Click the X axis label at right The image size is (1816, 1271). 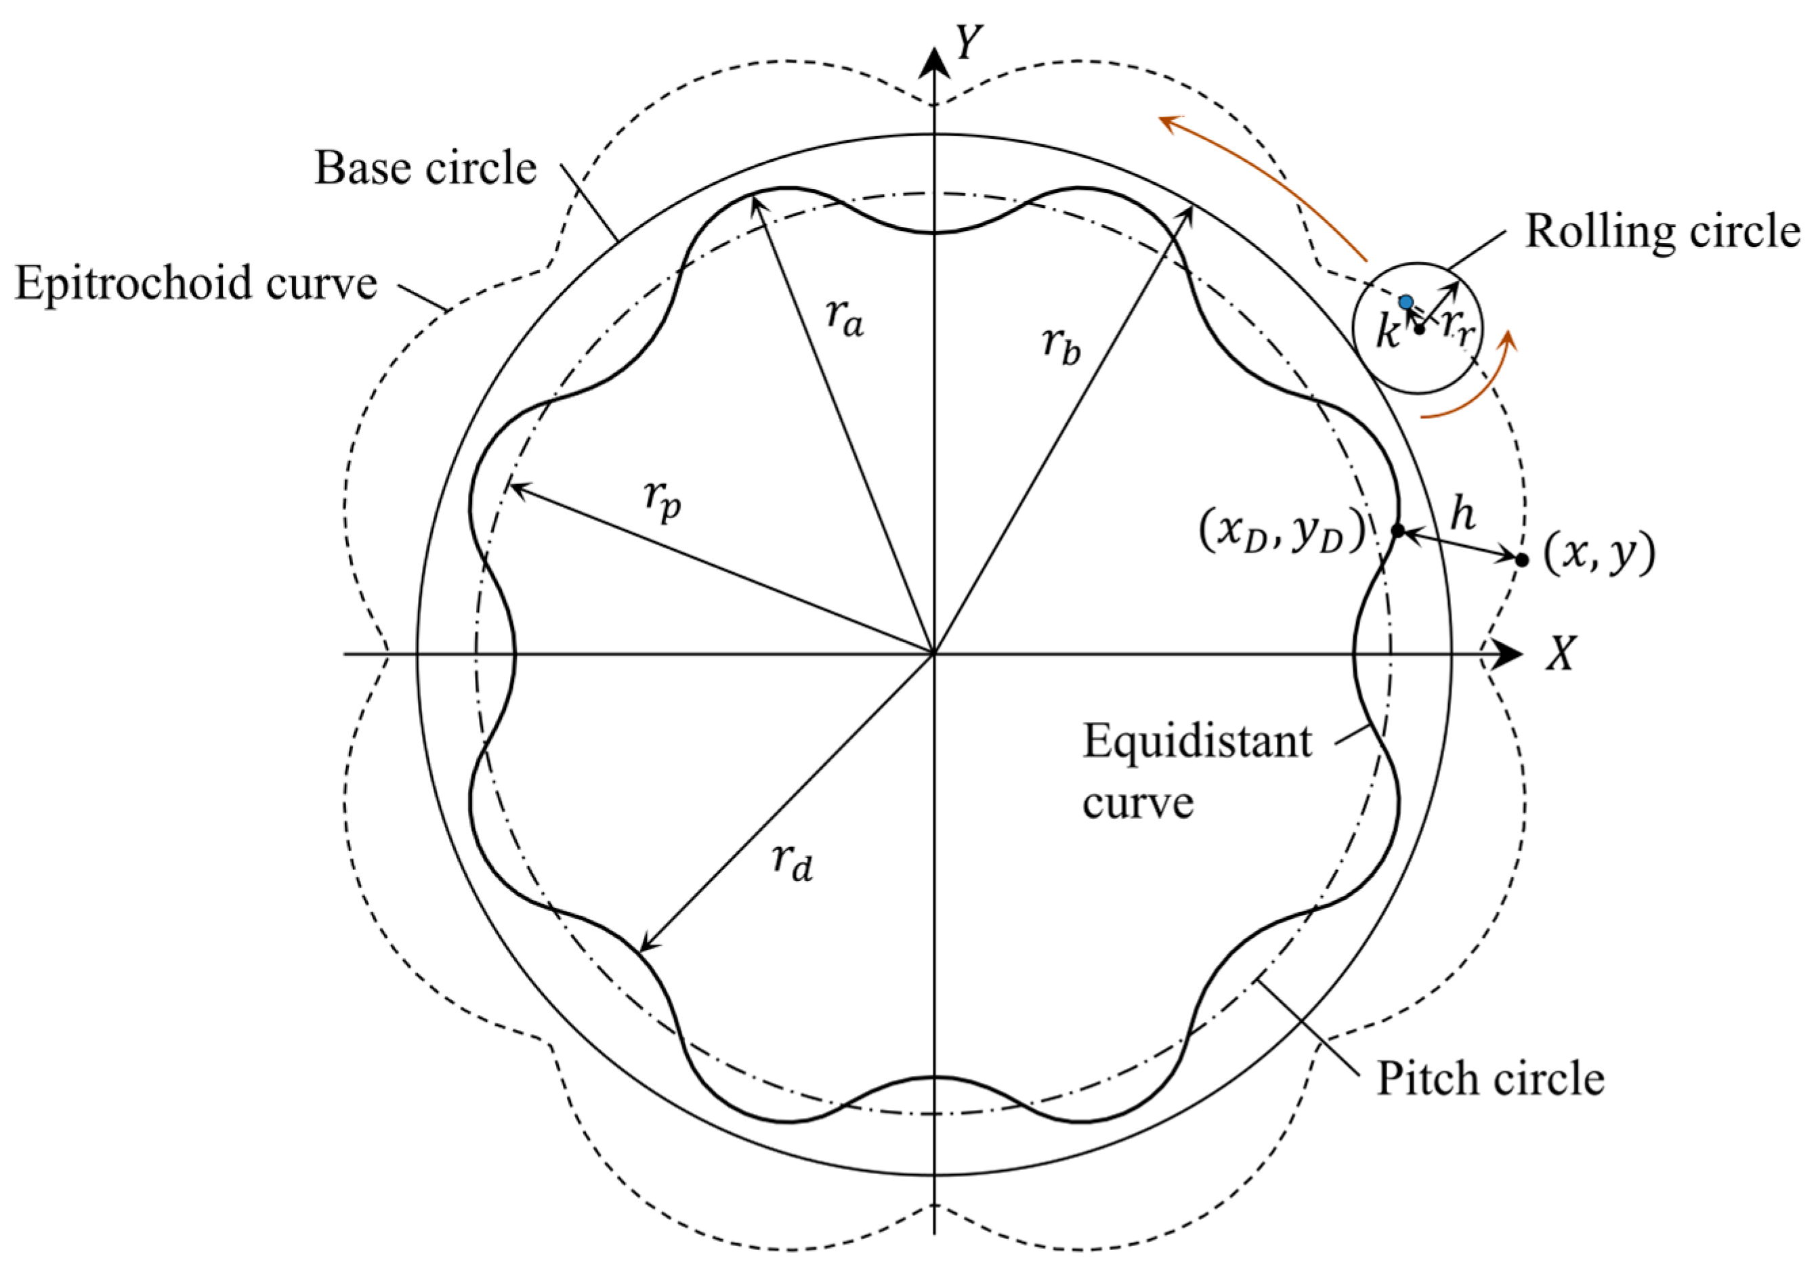tap(1561, 653)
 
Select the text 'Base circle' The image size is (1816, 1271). tap(425, 169)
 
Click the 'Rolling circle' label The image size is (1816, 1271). tap(1662, 232)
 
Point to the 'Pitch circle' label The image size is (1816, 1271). tap(1490, 1079)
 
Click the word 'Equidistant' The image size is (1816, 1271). tap(1197, 742)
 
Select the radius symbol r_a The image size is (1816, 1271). tap(844, 318)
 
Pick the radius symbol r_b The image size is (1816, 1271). tap(1060, 345)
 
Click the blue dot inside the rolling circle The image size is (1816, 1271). tap(1406, 302)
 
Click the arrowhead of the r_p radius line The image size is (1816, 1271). tap(511, 486)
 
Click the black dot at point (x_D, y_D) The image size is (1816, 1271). tap(1397, 531)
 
